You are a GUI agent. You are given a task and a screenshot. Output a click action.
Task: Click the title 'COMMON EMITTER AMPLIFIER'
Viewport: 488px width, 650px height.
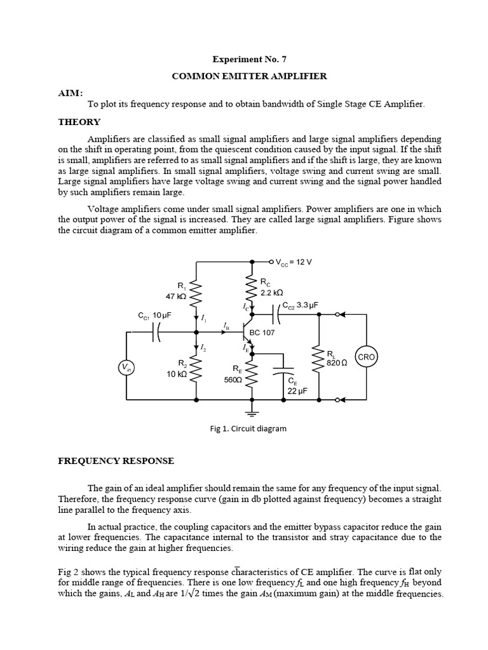tap(249, 76)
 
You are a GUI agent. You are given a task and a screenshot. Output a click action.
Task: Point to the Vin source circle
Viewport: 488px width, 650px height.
tap(127, 367)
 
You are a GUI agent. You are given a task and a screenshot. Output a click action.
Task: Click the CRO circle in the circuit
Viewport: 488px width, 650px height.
tap(367, 357)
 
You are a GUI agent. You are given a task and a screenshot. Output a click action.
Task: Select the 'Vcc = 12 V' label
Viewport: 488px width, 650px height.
tap(294, 262)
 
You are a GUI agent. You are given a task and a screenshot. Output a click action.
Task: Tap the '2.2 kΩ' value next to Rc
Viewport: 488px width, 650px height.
tap(272, 293)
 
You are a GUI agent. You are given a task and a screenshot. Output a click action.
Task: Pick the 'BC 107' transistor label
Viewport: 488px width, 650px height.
tap(262, 333)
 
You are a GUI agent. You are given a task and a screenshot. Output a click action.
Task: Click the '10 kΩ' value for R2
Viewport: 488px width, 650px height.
tap(175, 374)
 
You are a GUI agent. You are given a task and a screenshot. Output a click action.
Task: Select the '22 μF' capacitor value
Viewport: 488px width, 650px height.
tap(297, 392)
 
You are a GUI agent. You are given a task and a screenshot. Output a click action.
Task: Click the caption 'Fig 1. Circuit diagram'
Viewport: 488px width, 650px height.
tap(248, 428)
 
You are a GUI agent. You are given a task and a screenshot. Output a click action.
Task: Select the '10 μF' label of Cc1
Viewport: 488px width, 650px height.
tap(163, 315)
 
